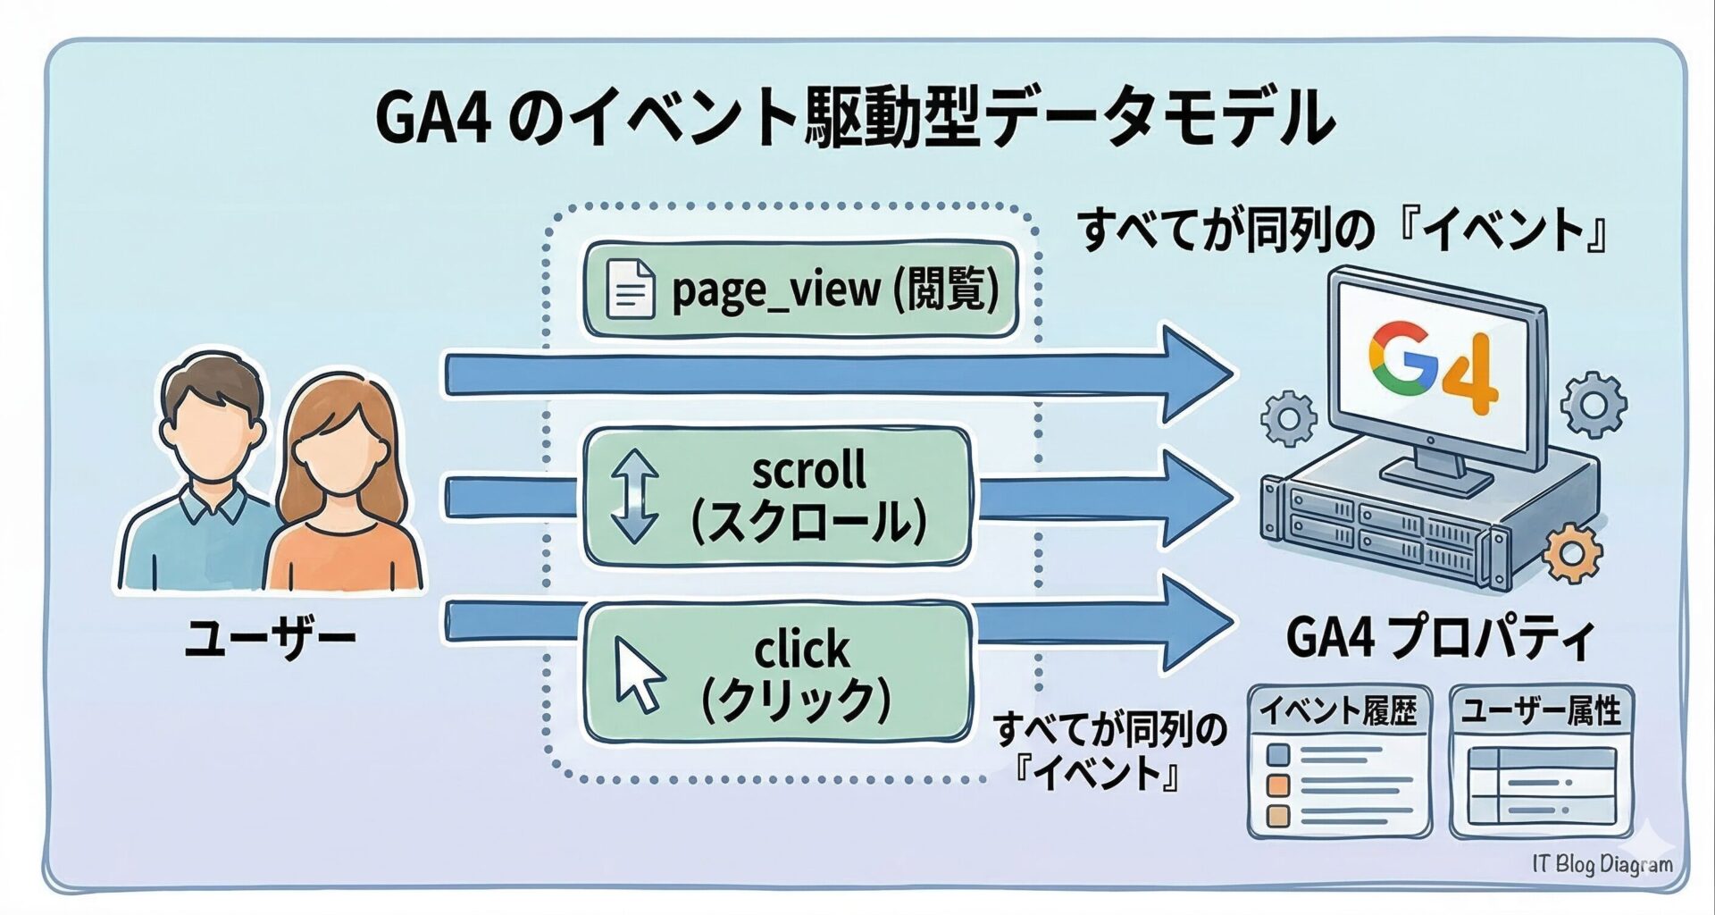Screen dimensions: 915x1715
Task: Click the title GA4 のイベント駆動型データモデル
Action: tap(853, 118)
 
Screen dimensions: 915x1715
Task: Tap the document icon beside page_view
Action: tap(630, 289)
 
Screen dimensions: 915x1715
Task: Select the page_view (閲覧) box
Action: tap(800, 290)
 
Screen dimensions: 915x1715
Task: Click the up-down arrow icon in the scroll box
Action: tap(633, 496)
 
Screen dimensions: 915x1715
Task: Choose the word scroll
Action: tap(808, 469)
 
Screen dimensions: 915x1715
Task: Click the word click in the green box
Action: tap(801, 650)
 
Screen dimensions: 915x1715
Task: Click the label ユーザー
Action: tap(270, 640)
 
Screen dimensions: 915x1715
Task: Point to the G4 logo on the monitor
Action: tap(1433, 369)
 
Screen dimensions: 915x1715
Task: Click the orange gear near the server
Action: tap(1571, 555)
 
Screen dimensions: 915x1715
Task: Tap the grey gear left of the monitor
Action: tap(1287, 417)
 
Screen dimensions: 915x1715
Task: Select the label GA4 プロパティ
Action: tap(1439, 638)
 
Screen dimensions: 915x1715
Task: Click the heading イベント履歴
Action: tap(1338, 711)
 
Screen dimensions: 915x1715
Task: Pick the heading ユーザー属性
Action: tap(1541, 711)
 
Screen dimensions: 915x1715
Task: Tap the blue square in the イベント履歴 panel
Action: tap(1279, 755)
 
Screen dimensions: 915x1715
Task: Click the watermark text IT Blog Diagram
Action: tap(1602, 864)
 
